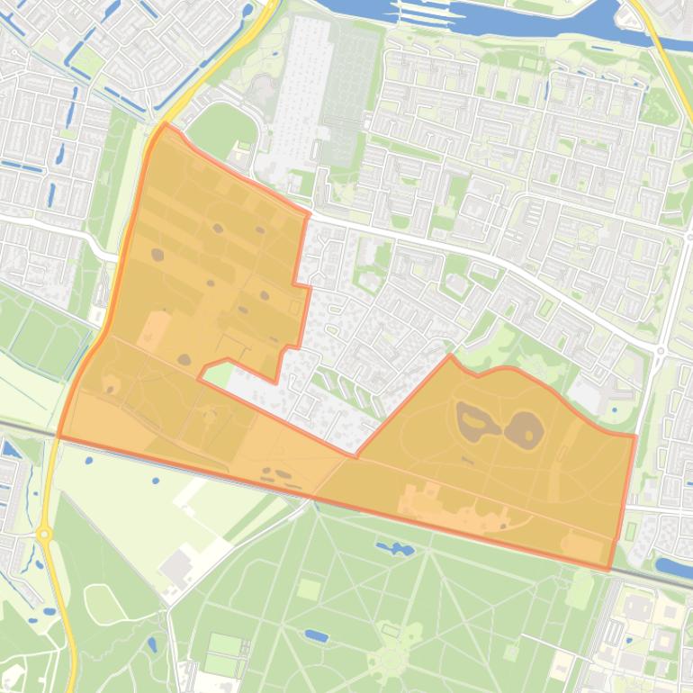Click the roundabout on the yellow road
[44, 535]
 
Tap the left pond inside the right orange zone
[471, 419]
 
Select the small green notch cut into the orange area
[216, 372]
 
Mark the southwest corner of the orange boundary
[59, 436]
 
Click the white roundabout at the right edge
[661, 351]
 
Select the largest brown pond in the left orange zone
[158, 255]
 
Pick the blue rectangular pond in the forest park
[316, 635]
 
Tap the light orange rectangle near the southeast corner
[580, 546]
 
